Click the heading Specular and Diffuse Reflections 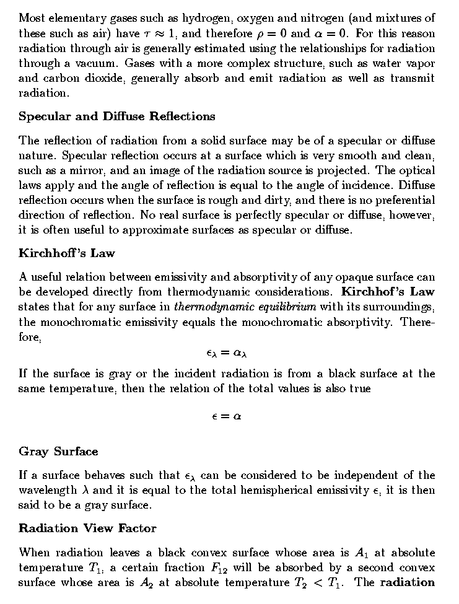pos(117,116)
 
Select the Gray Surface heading pos(58,451)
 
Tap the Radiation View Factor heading pos(87,528)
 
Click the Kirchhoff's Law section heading pos(67,253)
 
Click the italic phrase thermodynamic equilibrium pos(245,307)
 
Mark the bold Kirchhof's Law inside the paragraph pos(388,292)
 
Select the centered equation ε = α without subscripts pos(227,416)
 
